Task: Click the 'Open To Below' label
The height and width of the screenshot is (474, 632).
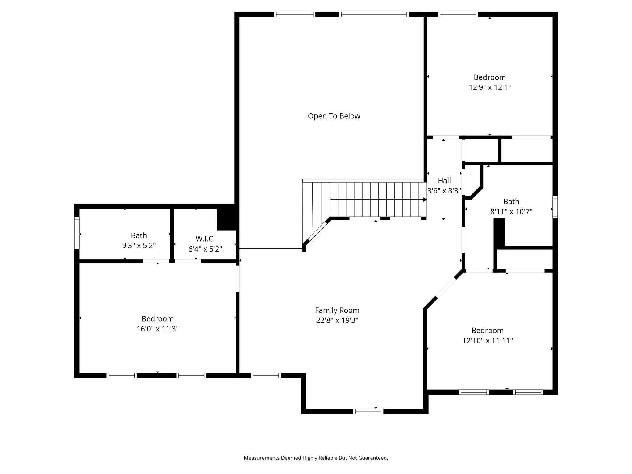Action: (x=334, y=116)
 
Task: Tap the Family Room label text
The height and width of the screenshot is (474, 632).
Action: (x=337, y=310)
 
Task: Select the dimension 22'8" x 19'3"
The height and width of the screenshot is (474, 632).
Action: (x=337, y=320)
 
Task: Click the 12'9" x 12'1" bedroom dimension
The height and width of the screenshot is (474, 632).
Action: (x=490, y=87)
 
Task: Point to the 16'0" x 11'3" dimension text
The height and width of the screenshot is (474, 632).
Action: (x=158, y=329)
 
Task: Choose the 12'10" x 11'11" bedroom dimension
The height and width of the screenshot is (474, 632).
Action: (x=488, y=341)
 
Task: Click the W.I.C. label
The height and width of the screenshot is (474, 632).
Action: (x=205, y=239)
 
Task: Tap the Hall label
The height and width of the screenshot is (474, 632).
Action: (x=444, y=181)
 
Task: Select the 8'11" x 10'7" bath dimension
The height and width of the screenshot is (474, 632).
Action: (x=511, y=212)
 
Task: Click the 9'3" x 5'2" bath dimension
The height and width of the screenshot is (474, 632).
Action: (x=139, y=246)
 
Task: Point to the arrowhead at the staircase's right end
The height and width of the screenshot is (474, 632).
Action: (x=425, y=200)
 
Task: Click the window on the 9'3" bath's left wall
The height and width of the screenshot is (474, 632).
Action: (x=77, y=233)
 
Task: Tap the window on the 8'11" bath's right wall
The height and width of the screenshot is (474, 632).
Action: (x=555, y=207)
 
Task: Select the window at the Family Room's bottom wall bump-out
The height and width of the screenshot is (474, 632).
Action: (x=368, y=411)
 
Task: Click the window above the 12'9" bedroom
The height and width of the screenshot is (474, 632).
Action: (x=458, y=14)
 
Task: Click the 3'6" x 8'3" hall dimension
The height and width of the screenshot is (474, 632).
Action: (x=444, y=191)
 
